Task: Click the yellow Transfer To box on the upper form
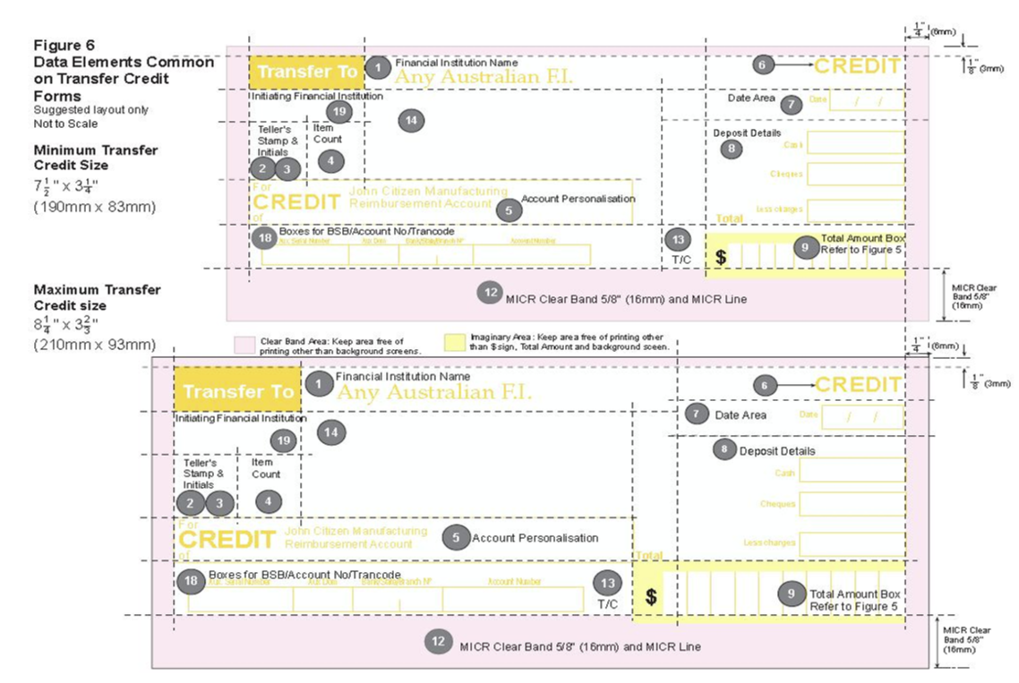pos(306,72)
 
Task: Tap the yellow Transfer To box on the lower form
pos(237,391)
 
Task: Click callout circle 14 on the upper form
pos(411,120)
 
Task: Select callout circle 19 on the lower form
pos(284,440)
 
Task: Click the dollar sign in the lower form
pos(651,597)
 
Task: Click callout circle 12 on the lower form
pos(438,641)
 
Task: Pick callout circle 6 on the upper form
pos(762,64)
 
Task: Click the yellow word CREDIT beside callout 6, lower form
pos(858,385)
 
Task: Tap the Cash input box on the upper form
pos(854,142)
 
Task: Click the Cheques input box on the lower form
pos(851,504)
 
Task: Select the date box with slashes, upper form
pos(866,100)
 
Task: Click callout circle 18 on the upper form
pos(264,237)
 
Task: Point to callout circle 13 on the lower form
pos(609,583)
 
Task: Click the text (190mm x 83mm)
pos(95,207)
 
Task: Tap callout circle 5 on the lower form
pos(456,536)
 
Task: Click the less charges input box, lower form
pos(851,543)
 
